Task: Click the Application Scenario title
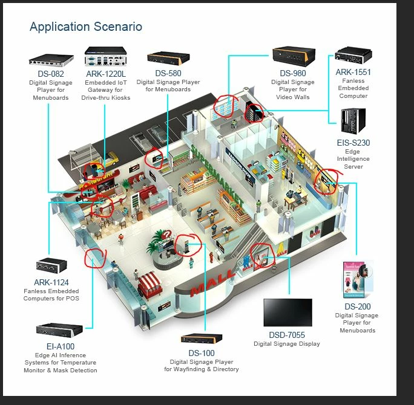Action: [x=86, y=27]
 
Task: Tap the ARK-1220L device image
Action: [x=107, y=56]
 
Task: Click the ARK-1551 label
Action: [x=353, y=72]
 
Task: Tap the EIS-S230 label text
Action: [x=353, y=143]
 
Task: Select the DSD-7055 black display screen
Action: [x=287, y=313]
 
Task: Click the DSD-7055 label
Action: [x=287, y=334]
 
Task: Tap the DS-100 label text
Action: [x=201, y=352]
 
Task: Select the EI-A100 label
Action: [x=60, y=346]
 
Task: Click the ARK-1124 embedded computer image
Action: [x=51, y=265]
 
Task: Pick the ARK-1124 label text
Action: [x=51, y=282]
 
